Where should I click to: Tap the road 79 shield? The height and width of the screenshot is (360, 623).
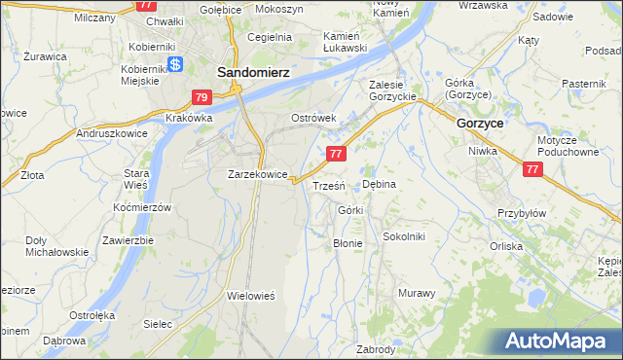[x=202, y=97]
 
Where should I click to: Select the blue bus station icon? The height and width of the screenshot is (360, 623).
[x=175, y=65]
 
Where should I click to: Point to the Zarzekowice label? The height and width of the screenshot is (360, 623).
[x=257, y=175]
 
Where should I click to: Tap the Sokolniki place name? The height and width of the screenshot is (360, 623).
[x=404, y=236]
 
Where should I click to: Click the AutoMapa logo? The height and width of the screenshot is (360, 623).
[x=556, y=342]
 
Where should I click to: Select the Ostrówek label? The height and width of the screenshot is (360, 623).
[x=313, y=118]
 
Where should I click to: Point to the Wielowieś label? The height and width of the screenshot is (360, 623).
[x=252, y=295]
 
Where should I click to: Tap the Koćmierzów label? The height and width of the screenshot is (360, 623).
[x=142, y=208]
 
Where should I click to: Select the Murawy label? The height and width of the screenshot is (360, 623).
[x=417, y=293]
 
